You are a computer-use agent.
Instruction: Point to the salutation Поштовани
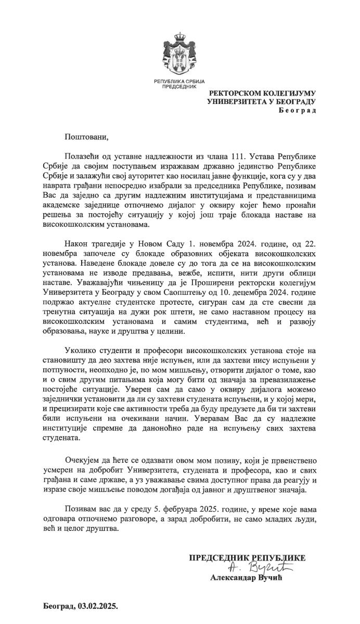pos(86,137)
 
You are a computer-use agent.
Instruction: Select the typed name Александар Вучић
pos(247,577)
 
